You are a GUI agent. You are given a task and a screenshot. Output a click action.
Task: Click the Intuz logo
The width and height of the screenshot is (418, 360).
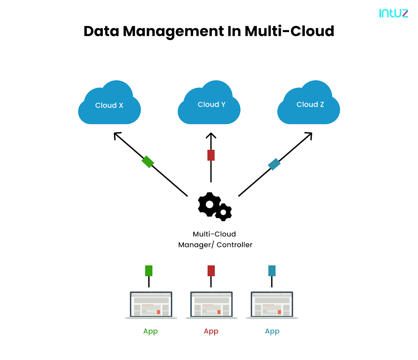coord(393,13)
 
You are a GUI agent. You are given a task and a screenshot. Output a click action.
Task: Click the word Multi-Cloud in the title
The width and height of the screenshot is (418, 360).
coord(289,31)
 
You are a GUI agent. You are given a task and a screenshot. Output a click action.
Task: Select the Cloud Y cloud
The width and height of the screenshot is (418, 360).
coord(209,104)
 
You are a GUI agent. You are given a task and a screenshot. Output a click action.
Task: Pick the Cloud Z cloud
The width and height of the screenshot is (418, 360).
coord(309,104)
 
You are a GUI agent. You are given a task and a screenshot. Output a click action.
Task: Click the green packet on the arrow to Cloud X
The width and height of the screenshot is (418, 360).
coord(148,162)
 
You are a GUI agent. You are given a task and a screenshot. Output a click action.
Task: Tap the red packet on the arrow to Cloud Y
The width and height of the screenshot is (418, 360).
coord(211,155)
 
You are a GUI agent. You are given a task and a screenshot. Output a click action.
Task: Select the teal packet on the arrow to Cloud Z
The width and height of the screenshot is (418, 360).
coord(274,164)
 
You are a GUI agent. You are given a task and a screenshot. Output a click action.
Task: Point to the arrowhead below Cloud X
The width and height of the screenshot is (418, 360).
coord(117,135)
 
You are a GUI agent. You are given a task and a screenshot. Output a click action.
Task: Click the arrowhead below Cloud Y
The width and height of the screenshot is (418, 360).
coord(211,135)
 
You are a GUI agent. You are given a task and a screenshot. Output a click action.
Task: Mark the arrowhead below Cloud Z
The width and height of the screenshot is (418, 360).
coord(309,135)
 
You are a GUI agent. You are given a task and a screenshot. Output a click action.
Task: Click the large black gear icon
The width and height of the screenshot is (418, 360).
coord(209,204)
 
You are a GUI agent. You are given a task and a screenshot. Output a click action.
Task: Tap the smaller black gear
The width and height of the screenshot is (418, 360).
coord(223,212)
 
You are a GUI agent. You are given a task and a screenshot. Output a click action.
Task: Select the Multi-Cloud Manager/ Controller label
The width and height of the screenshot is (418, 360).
coord(215,240)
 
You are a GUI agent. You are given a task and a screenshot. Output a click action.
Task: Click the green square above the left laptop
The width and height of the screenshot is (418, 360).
coord(149,271)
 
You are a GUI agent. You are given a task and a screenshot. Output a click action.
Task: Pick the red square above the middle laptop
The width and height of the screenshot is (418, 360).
coord(211,271)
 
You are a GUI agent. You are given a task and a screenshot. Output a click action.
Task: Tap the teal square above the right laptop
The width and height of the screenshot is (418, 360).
coord(272,271)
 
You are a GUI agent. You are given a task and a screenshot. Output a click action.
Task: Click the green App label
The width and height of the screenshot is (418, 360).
coord(150,331)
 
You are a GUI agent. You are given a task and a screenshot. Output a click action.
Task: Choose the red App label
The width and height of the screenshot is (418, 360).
coord(211,331)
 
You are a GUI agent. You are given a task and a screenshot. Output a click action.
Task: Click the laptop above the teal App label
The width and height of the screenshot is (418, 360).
coord(272,305)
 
